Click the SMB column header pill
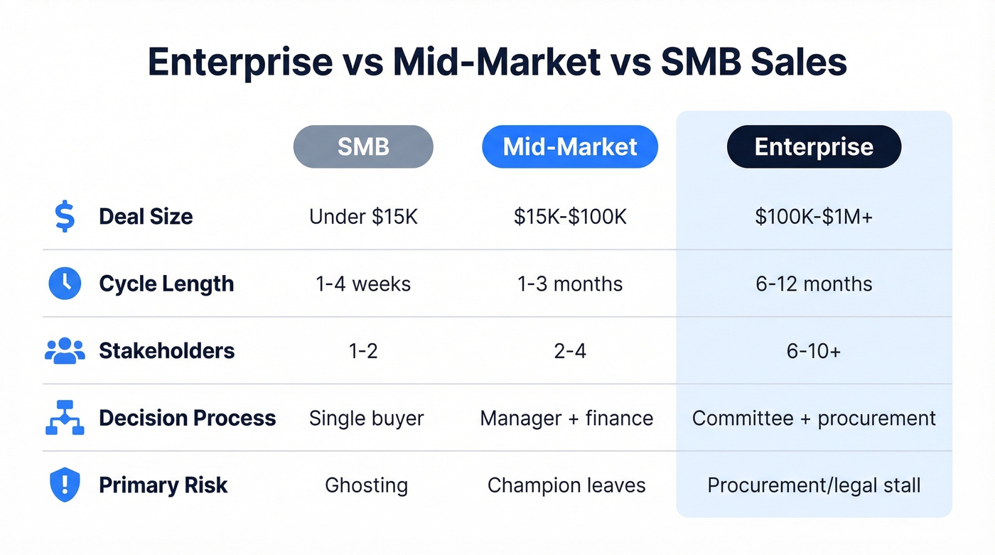click(x=363, y=147)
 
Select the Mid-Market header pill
click(x=570, y=147)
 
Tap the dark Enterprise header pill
click(x=814, y=147)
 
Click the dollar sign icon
click(x=65, y=216)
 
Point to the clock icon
click(x=65, y=284)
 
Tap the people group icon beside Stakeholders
click(x=65, y=350)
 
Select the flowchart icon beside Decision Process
click(x=65, y=419)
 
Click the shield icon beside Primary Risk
click(x=65, y=485)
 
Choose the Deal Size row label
click(x=146, y=217)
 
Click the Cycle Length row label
click(x=166, y=284)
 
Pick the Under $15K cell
click(x=363, y=217)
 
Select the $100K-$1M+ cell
click(x=814, y=217)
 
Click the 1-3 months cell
click(x=570, y=284)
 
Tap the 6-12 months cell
click(x=814, y=284)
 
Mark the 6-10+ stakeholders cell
click(x=814, y=351)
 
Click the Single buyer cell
click(x=366, y=419)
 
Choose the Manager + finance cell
click(x=566, y=419)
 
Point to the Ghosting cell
click(x=366, y=485)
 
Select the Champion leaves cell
click(x=566, y=485)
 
